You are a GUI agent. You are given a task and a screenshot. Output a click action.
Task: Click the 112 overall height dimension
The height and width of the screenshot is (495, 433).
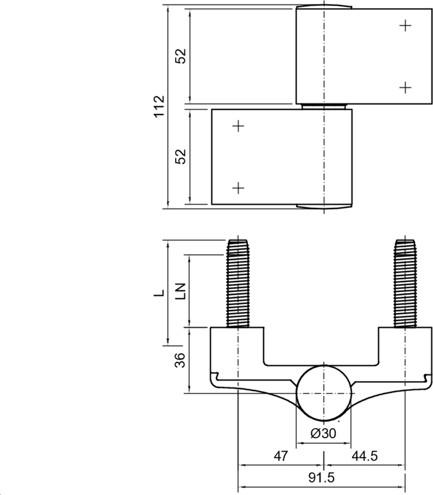pos(160,106)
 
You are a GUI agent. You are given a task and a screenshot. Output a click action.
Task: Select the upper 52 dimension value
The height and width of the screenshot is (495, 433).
pos(181,56)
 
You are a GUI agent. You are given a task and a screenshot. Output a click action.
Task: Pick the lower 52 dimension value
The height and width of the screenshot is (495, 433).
pos(181,157)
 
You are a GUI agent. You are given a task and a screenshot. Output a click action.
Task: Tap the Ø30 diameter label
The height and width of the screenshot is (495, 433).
pos(324,433)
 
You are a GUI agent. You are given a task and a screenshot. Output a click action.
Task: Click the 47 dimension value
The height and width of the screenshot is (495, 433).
pos(281,456)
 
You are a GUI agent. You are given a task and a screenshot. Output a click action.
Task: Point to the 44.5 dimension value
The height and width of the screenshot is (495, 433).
pos(364,456)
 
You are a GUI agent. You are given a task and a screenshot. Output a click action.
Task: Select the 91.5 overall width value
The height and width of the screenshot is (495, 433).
pos(321,478)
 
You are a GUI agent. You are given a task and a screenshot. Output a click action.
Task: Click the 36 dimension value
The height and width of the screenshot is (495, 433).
pos(180,360)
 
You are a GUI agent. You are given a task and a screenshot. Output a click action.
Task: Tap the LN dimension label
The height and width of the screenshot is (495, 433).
pos(181,291)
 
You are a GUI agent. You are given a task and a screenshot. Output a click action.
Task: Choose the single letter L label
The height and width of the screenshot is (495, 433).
pos(159,293)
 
